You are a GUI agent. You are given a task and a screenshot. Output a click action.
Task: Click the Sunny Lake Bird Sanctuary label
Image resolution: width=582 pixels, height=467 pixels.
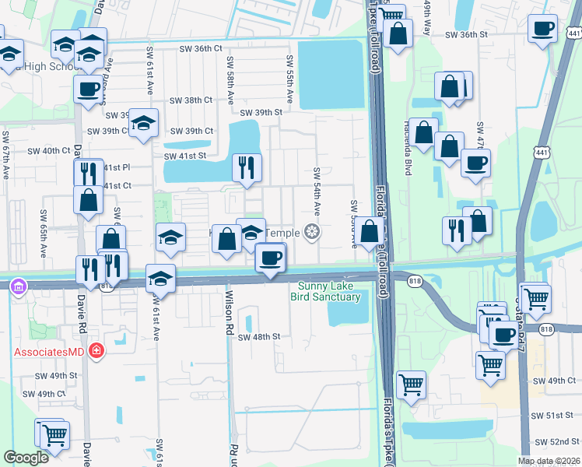325,291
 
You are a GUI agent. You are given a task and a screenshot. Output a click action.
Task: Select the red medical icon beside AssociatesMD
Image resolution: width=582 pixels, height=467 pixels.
96,351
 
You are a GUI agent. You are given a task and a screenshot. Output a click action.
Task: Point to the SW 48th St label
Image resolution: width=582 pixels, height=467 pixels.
258,337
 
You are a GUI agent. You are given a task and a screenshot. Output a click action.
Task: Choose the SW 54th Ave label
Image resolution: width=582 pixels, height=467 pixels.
317,191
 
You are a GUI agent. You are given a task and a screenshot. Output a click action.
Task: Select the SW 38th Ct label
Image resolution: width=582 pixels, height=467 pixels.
192,100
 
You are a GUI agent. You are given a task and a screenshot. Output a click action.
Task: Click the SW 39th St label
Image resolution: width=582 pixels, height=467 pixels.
261,112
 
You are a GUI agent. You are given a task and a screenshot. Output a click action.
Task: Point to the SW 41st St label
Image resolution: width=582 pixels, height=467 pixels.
184,156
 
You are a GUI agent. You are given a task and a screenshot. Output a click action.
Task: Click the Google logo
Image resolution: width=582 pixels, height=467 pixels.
26,458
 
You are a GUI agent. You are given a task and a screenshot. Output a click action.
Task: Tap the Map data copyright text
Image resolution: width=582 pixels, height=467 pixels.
549,461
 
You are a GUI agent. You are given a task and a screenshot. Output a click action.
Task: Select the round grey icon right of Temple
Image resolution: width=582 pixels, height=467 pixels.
312,232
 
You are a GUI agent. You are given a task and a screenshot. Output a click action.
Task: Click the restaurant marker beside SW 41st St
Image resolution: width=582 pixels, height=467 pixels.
247,167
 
